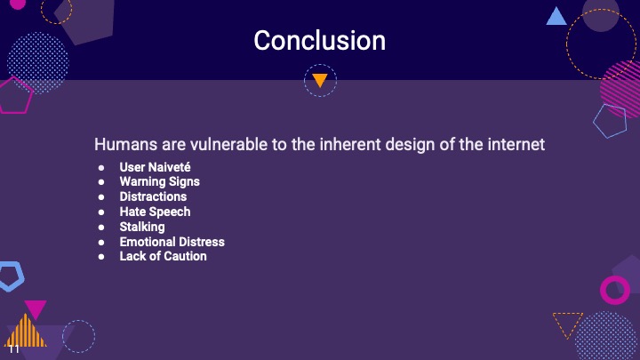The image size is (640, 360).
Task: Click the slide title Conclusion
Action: (319, 41)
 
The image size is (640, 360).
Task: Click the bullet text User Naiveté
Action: (155, 167)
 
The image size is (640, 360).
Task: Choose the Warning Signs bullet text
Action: (159, 181)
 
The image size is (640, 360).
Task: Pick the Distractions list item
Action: (153, 196)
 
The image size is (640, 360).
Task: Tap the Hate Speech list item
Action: (155, 212)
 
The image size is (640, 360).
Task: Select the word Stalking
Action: (142, 227)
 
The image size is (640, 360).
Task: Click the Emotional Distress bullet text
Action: (172, 242)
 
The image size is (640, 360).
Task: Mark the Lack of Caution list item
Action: (163, 256)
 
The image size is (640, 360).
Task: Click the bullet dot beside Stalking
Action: (101, 227)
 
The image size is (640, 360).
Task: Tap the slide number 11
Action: (13, 349)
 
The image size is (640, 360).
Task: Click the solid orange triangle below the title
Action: (320, 81)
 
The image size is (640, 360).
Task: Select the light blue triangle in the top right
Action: (556, 16)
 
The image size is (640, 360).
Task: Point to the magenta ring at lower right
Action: (615, 289)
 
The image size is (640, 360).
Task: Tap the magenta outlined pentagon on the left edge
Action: (13, 95)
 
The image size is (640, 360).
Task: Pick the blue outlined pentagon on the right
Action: (610, 121)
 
